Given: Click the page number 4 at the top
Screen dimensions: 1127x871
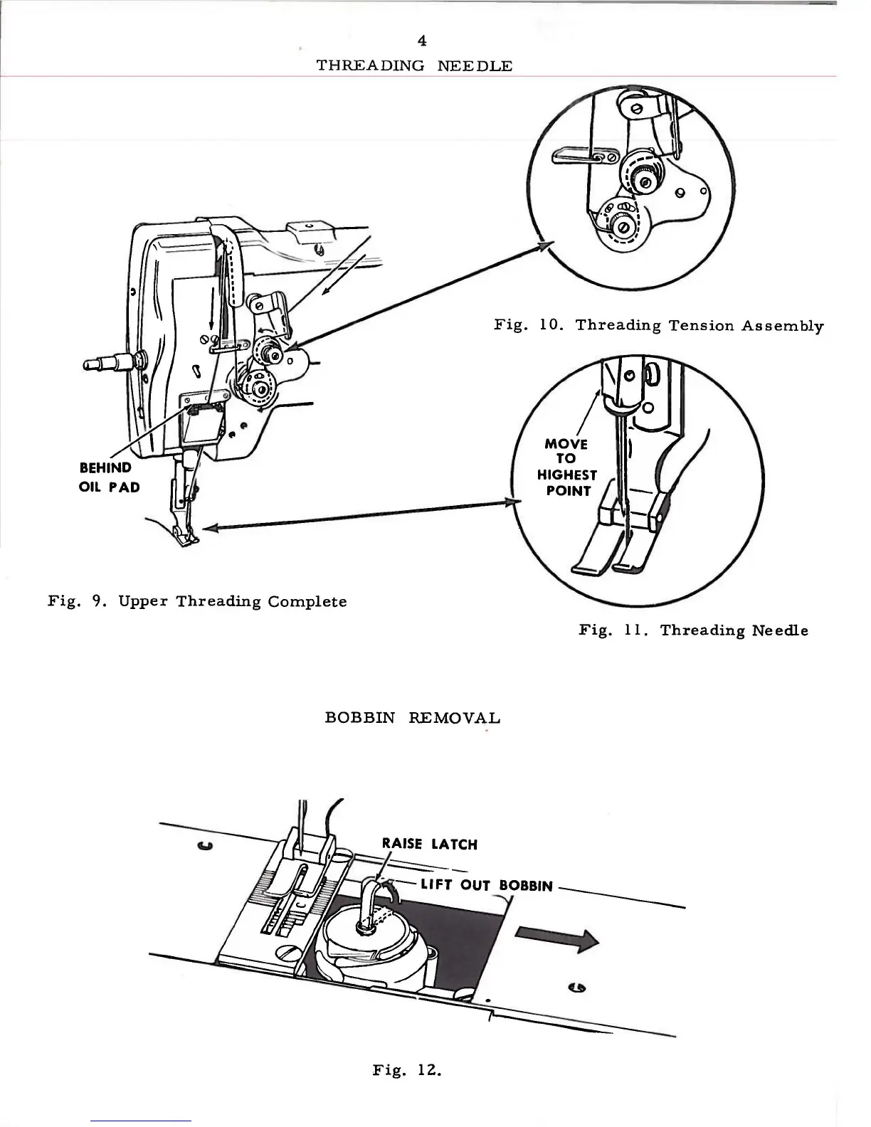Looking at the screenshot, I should (x=423, y=41).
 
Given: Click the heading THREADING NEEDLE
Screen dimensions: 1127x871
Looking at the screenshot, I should (x=413, y=66).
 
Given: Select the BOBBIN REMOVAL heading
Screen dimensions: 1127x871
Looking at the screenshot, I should (x=413, y=717).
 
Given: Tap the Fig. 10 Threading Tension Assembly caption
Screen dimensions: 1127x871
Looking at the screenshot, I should (x=659, y=326).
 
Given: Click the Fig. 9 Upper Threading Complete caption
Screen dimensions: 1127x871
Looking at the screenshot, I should (x=197, y=601).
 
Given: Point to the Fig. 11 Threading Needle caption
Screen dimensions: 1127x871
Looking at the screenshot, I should (x=693, y=630).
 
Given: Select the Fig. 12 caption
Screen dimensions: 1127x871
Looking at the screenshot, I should (x=407, y=1069).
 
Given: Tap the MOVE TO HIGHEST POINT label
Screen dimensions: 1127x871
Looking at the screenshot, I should (x=566, y=467).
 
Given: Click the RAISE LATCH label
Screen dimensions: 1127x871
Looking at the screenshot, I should (x=429, y=845).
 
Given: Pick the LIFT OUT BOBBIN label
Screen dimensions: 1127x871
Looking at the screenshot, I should (x=486, y=886).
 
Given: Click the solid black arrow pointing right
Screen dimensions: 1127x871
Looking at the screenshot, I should (x=556, y=941).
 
